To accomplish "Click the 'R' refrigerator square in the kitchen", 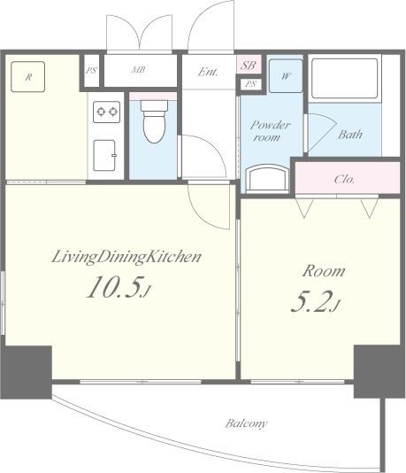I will point(28,77).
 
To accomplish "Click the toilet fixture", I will point(154,122).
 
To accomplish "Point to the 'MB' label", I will point(140,70).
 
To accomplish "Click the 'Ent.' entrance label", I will point(209,72).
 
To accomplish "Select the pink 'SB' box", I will point(249,66).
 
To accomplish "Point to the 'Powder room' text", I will point(266,131).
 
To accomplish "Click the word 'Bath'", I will point(350,135).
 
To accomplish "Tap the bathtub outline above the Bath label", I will point(345,79).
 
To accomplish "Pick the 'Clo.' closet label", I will point(345,178).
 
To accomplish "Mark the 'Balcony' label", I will point(245,423).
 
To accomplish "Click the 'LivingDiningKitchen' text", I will point(126,257).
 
